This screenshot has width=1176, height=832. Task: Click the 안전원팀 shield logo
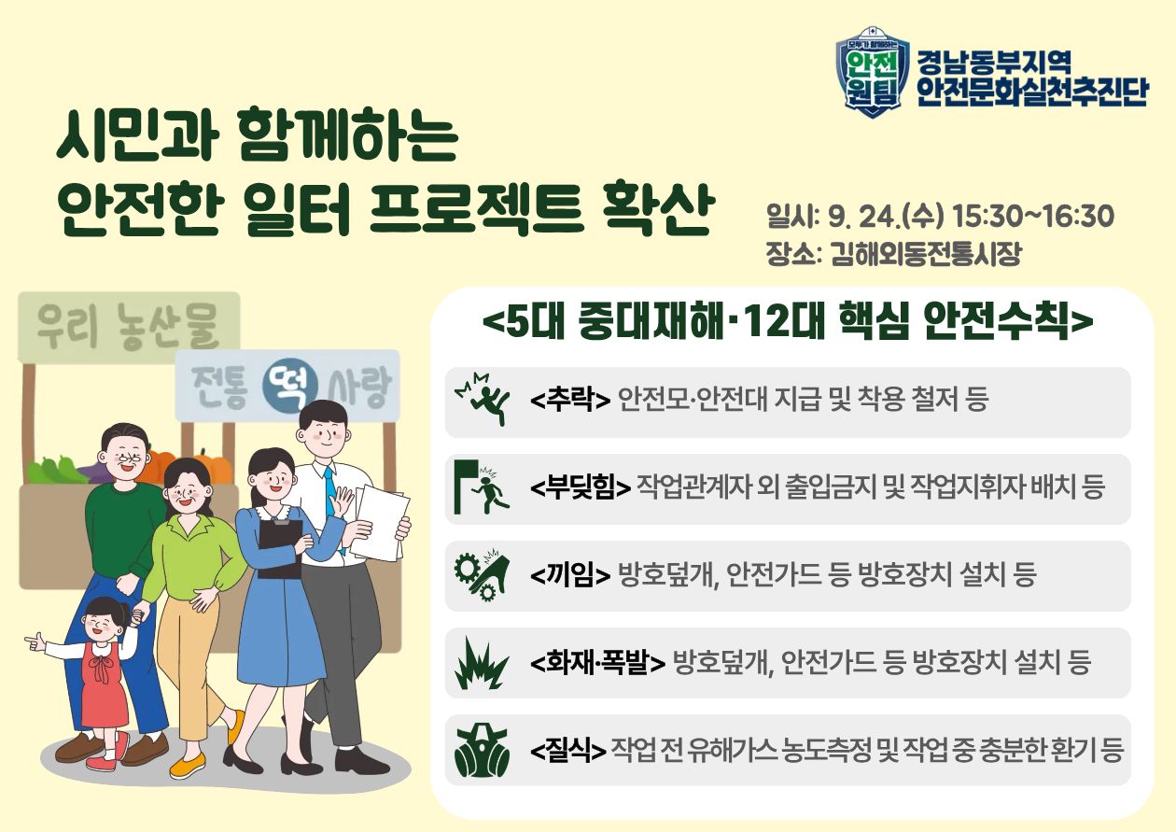870,71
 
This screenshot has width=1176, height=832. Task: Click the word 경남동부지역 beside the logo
992,63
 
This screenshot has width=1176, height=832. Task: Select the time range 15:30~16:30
1033,217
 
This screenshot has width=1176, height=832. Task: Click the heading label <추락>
569,401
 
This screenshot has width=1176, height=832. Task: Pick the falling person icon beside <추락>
482,401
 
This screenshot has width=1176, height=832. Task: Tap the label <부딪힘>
580,487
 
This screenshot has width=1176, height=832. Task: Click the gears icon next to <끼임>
482,574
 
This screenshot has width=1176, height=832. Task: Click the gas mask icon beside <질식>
482,750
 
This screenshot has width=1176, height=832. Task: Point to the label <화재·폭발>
597,663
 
